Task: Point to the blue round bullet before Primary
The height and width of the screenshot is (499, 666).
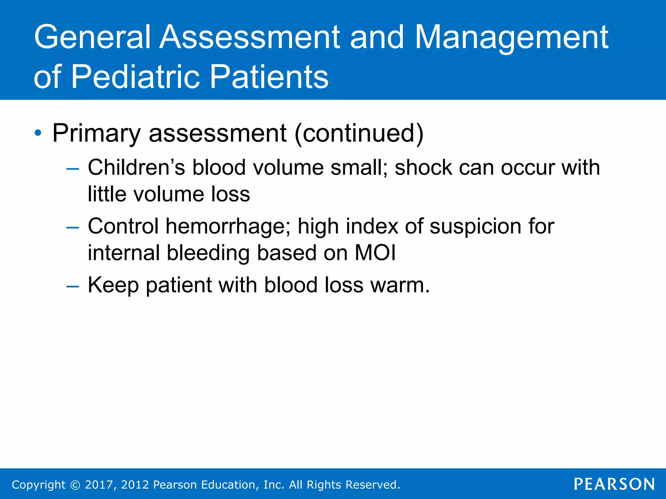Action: point(38,133)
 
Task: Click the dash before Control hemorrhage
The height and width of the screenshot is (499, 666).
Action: point(72,227)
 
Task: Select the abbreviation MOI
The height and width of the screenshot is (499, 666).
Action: point(375,253)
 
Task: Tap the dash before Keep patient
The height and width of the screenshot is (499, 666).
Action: point(72,286)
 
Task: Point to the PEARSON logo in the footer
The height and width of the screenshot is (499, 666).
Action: point(614,484)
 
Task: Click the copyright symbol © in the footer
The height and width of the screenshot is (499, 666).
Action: point(75,485)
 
